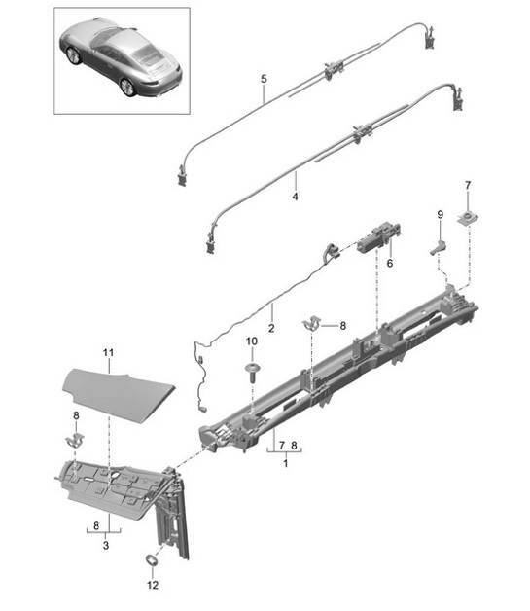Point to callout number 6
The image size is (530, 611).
click(x=389, y=263)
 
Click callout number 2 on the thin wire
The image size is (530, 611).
click(x=271, y=328)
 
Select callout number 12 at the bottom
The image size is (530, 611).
click(x=151, y=587)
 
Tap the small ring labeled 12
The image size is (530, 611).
click(x=152, y=560)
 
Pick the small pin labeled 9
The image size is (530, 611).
click(x=438, y=246)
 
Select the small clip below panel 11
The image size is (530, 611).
click(x=72, y=441)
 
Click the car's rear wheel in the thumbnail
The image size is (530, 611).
click(x=127, y=87)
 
